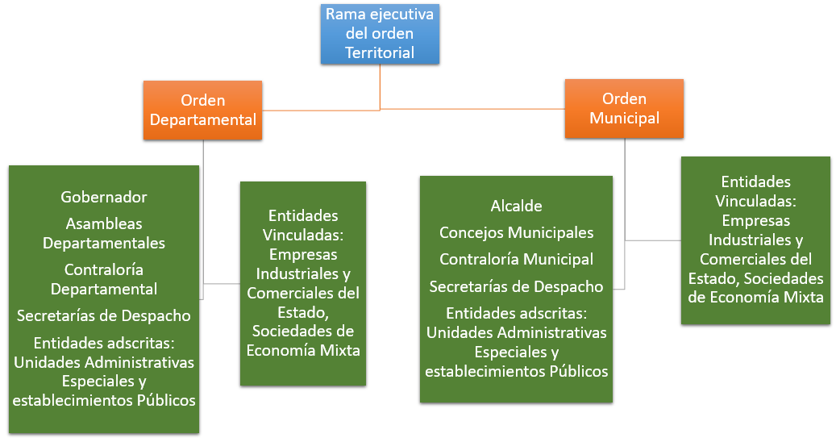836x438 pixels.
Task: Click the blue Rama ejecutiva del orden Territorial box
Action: point(380,35)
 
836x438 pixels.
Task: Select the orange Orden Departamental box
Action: point(202,111)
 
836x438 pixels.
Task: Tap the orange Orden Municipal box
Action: point(624,108)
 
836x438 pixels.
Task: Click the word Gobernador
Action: point(104,197)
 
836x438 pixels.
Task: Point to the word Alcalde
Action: point(516,206)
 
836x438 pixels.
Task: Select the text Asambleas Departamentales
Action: point(104,232)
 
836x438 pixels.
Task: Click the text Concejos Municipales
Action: point(516,233)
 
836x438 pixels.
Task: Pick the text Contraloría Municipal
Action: point(516,260)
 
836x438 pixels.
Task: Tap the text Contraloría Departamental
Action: point(104,278)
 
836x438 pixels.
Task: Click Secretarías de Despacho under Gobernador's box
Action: point(104,315)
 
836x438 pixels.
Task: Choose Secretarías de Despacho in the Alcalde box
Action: point(516,286)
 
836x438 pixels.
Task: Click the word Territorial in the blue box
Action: point(380,53)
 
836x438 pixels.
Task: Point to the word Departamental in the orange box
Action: point(202,120)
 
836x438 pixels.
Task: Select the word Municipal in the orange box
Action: point(624,118)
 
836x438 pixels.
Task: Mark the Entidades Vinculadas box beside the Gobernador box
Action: point(303,282)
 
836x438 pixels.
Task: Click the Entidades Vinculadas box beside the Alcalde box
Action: point(755,240)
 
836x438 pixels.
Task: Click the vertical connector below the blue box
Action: point(380,85)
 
